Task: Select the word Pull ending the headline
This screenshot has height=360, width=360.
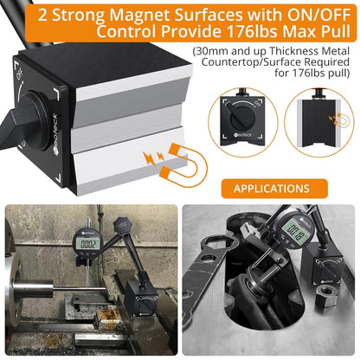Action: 335,31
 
